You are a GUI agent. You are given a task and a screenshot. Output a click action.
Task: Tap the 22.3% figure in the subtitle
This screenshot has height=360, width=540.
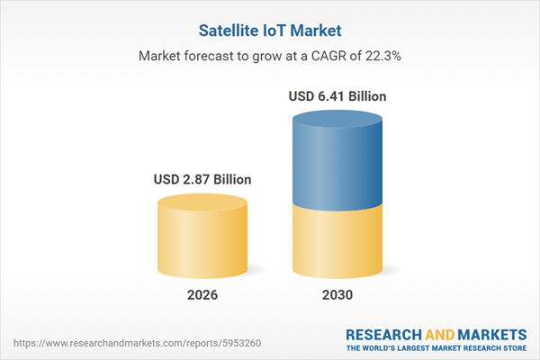click(382, 56)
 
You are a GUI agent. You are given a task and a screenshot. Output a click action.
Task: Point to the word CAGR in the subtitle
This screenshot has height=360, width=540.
click(320, 56)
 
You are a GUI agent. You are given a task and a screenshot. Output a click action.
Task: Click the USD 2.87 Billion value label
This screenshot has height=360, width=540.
click(201, 179)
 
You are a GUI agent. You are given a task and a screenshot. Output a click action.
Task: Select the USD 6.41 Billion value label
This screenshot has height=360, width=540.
click(339, 95)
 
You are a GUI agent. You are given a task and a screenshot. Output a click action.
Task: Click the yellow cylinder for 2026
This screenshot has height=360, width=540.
click(201, 238)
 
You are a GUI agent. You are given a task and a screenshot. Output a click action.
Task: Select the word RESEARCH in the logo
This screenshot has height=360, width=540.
click(381, 334)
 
